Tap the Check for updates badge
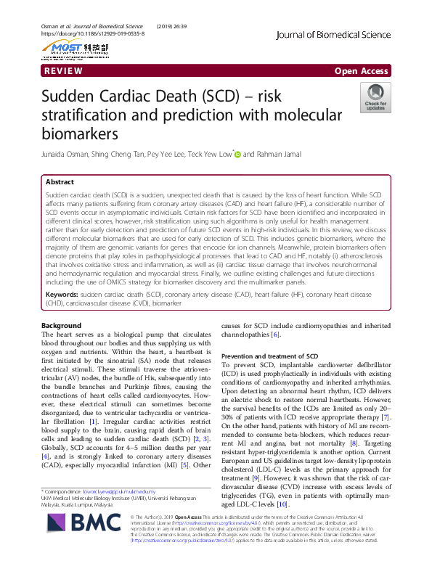(375, 98)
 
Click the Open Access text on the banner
(361, 71)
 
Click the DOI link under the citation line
(92, 34)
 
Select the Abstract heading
(60, 182)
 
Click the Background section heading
(62, 325)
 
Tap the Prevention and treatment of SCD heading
(269, 356)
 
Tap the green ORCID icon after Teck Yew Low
(237, 154)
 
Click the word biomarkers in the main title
(80, 134)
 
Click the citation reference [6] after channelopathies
(275, 335)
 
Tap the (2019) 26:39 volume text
(169, 26)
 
